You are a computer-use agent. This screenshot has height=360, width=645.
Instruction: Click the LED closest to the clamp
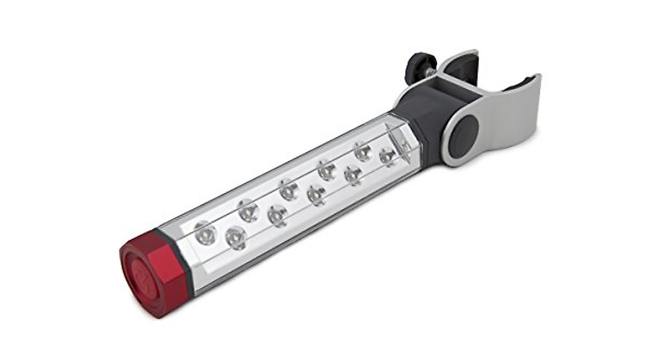(388, 156)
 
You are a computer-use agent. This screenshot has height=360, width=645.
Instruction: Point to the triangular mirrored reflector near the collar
(398, 139)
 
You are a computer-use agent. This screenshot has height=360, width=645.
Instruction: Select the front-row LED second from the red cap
(277, 215)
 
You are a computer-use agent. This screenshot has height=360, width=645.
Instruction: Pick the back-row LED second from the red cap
(248, 210)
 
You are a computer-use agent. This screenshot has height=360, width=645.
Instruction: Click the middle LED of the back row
(289, 190)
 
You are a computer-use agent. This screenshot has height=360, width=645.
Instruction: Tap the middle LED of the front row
(316, 194)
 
